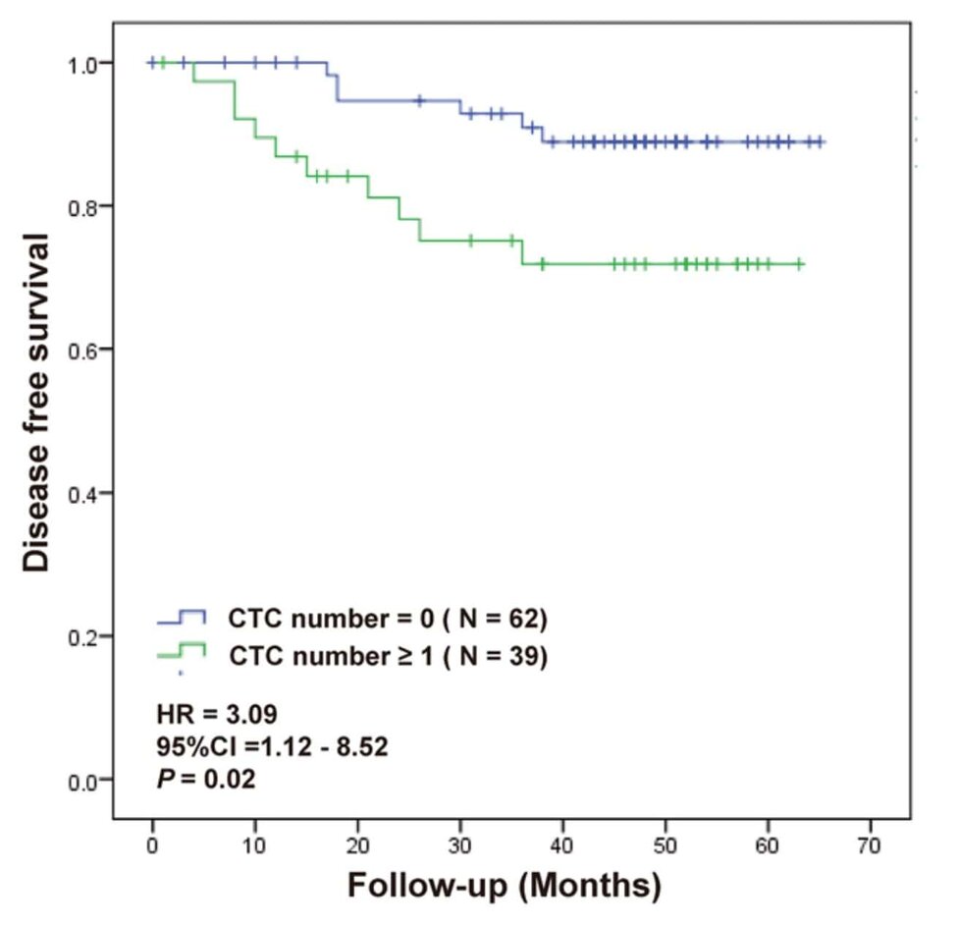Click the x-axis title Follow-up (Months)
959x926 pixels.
point(504,887)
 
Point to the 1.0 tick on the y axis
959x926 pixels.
point(85,64)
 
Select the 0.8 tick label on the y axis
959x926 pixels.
point(85,206)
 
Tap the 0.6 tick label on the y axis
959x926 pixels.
point(85,350)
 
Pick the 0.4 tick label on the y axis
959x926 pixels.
point(85,493)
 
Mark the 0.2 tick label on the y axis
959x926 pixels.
point(85,636)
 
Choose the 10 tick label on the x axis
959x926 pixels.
point(255,846)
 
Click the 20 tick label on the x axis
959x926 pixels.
point(357,846)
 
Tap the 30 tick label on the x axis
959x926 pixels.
point(460,846)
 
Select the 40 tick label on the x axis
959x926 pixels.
point(563,846)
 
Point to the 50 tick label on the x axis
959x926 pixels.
point(666,846)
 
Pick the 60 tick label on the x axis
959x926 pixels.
point(769,846)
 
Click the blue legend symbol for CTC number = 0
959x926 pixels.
point(182,618)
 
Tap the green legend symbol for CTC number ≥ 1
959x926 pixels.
point(182,651)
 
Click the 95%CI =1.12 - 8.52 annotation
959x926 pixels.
point(272,746)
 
